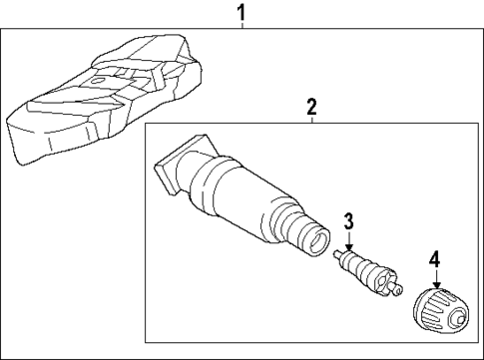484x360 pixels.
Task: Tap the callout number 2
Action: coord(311,106)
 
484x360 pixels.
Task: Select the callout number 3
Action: coord(349,221)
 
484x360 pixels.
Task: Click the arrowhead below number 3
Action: coord(349,247)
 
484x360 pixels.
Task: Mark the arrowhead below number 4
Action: coord(435,285)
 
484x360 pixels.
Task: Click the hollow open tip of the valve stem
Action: coord(314,238)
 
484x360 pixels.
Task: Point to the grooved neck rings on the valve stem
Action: coord(291,223)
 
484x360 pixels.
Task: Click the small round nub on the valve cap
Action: coord(460,319)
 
